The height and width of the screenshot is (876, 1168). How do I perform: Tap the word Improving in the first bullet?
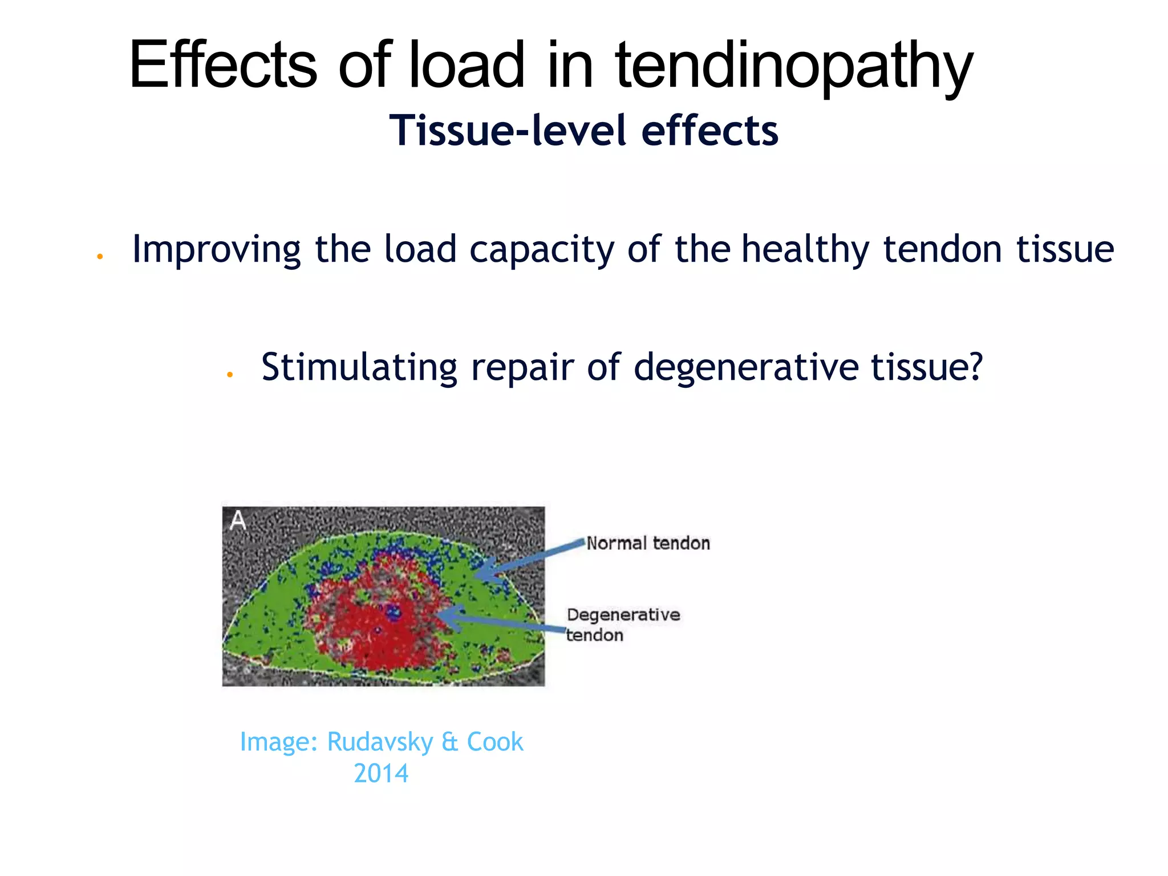[x=216, y=250]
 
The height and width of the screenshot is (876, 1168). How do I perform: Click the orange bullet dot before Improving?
[x=100, y=257]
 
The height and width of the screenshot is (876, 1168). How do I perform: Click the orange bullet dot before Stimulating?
[x=230, y=375]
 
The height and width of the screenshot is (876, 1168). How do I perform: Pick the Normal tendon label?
[x=648, y=543]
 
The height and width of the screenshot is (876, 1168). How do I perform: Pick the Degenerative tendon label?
[x=623, y=624]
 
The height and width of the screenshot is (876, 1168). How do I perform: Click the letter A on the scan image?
[x=238, y=520]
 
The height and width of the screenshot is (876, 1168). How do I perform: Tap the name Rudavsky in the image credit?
[x=380, y=741]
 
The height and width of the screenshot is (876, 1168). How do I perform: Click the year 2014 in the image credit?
[x=381, y=773]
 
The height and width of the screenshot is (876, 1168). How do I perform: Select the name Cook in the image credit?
[x=494, y=741]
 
